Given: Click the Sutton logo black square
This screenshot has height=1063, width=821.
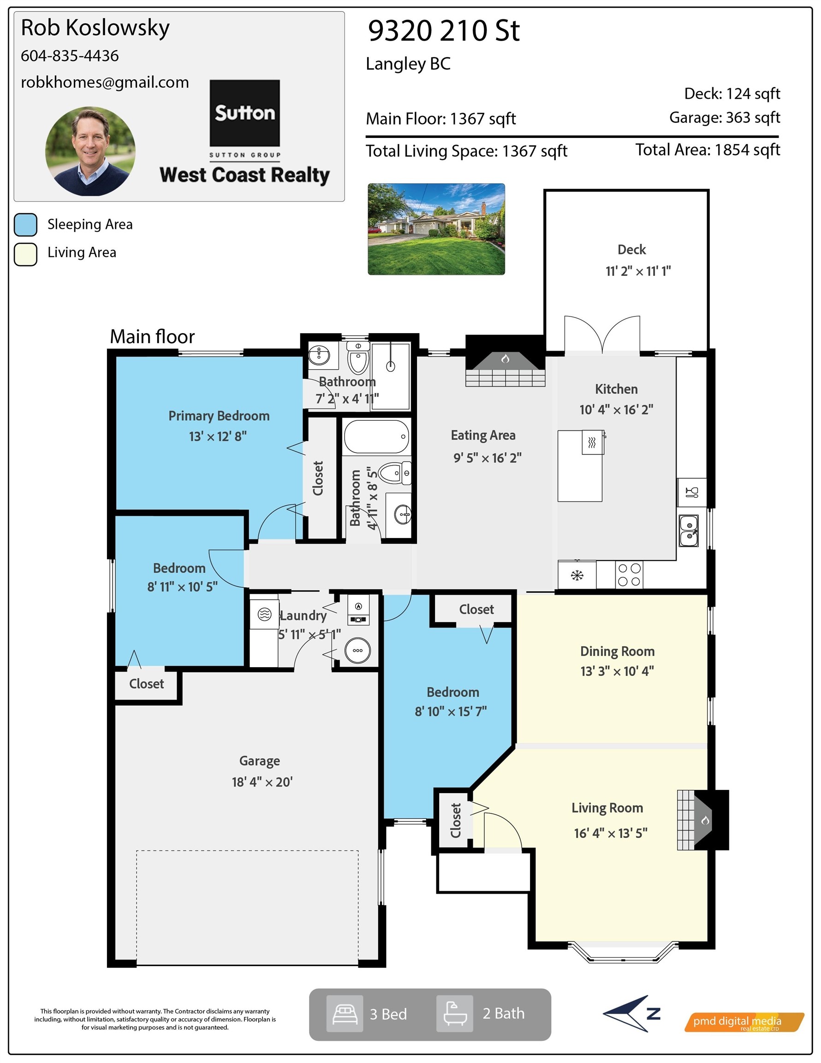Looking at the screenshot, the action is pos(244,113).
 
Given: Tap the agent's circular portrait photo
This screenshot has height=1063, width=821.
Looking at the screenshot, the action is pos(90,151).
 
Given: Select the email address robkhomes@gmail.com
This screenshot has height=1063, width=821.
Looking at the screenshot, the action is pos(105,82).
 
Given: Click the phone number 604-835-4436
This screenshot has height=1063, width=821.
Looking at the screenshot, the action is pos(70,56).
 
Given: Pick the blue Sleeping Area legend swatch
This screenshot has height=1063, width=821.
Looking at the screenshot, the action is pos(26,225).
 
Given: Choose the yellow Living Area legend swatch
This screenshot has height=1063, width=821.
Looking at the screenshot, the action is pos(26,254).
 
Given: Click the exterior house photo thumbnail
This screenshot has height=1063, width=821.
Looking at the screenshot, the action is pos(436,229).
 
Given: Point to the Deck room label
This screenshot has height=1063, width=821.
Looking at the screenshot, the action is pos(631,250).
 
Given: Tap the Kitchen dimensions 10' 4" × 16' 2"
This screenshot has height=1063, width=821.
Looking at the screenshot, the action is pos(616,409).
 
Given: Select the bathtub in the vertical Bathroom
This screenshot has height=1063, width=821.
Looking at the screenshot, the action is pos(376,436).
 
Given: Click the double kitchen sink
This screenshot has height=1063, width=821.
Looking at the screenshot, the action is pos(689,531).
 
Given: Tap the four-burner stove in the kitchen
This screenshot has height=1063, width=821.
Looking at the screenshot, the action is pos(629,575).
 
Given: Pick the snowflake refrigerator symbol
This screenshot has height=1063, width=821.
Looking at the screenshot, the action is pos(577,576).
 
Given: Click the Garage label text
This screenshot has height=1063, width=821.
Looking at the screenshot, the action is pos(259,761).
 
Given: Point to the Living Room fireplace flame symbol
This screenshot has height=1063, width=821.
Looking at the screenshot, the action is pos(705,821).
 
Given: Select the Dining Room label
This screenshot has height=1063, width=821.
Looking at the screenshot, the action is pos(617,651).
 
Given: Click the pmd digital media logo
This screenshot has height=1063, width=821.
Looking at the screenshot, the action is pos(744,1021).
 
